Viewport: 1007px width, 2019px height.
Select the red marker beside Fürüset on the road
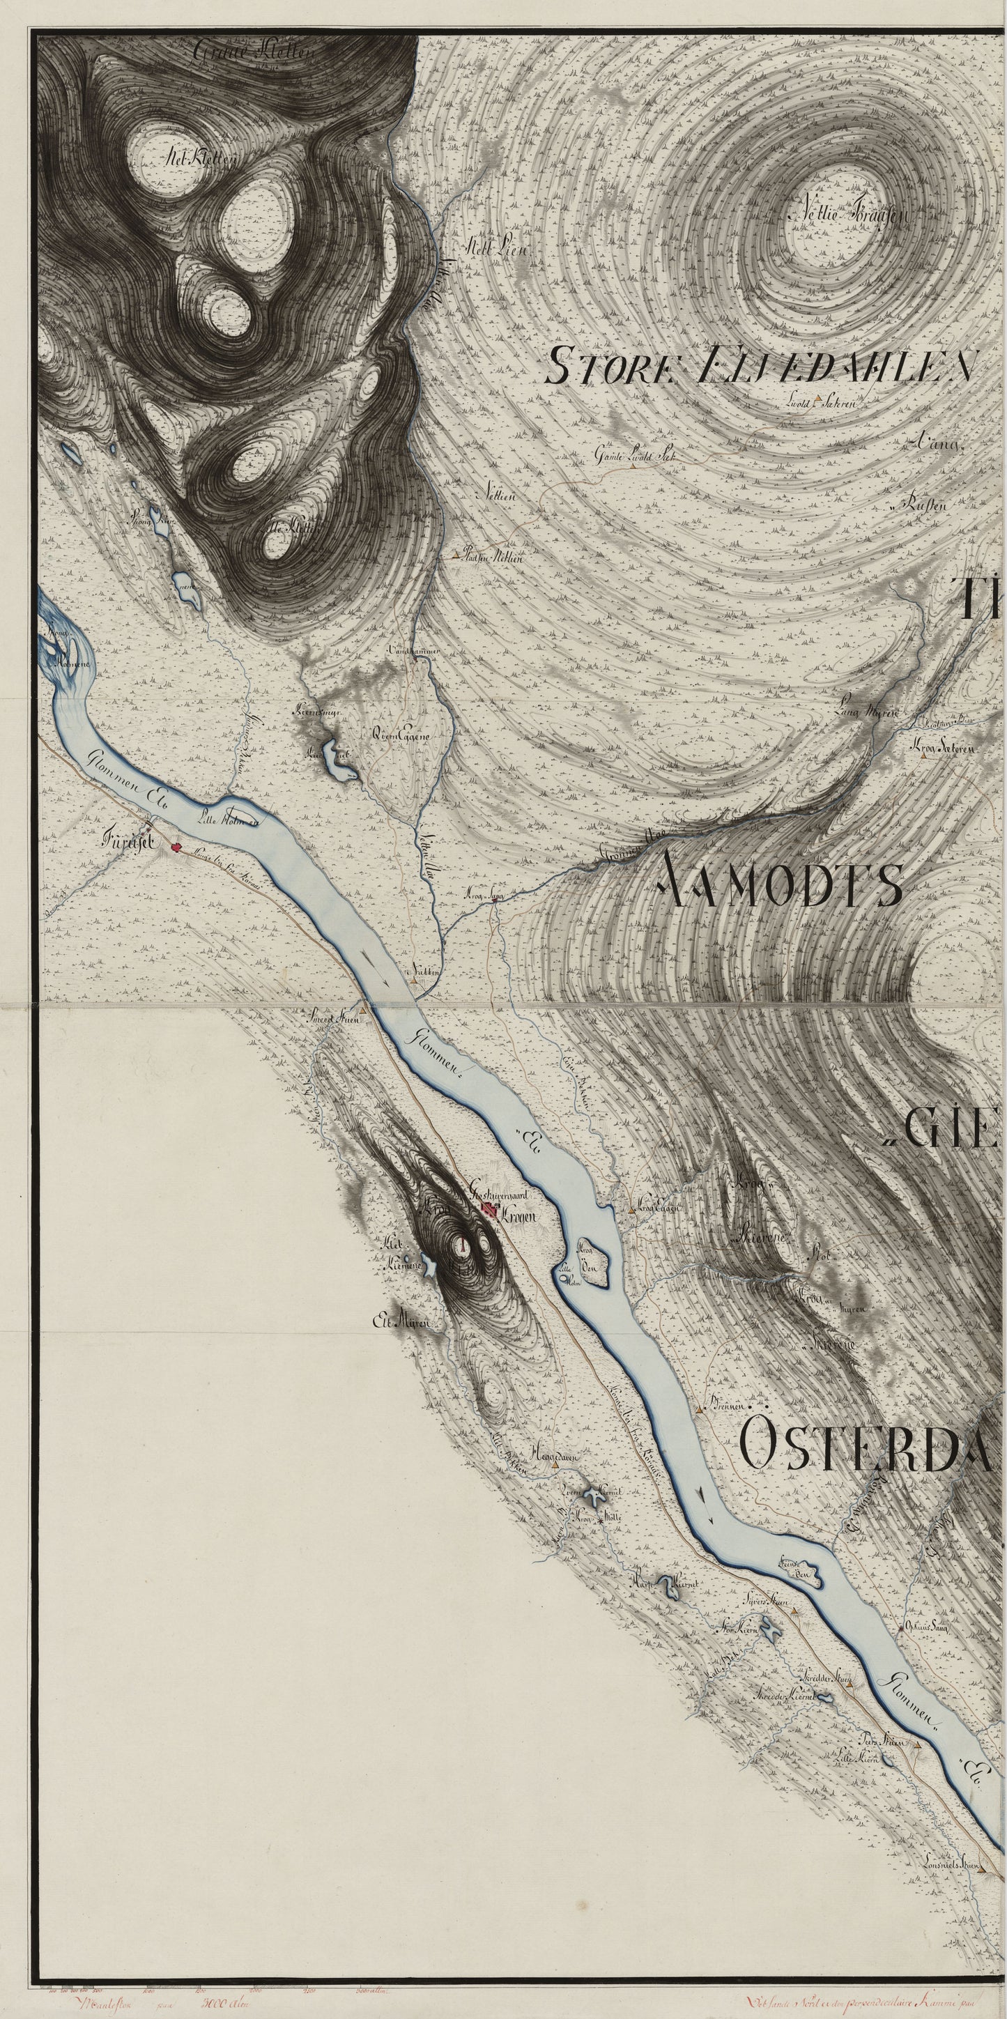point(176,847)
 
